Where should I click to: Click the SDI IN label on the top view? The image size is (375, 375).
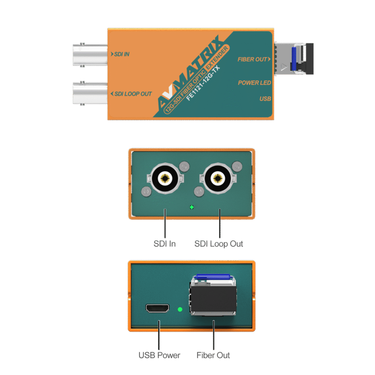[120, 54]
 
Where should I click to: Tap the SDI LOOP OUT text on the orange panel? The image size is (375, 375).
[131, 94]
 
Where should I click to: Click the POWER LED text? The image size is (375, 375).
[254, 82]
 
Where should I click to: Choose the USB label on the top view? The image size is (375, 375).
[265, 99]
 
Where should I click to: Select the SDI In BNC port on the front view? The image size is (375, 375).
[165, 178]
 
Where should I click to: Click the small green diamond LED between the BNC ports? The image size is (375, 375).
[192, 207]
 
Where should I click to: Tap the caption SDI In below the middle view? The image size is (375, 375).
[165, 244]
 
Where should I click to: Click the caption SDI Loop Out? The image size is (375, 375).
[219, 244]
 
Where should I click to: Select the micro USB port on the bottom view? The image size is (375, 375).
[157, 309]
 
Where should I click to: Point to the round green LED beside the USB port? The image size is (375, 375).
[180, 309]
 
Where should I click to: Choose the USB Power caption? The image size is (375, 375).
[159, 355]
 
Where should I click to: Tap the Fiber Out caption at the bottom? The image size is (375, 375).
[213, 355]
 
